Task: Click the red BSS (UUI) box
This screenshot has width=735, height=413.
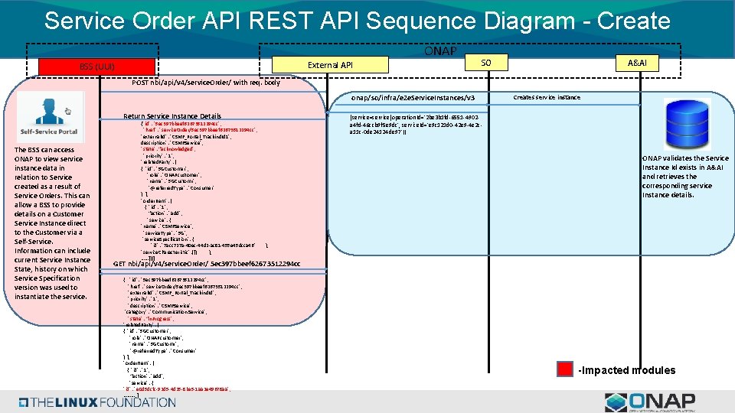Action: (x=97, y=67)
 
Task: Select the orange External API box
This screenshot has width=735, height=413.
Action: (x=330, y=65)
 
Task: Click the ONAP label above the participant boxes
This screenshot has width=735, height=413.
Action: (x=440, y=51)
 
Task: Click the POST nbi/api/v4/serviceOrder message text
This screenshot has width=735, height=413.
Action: (x=206, y=83)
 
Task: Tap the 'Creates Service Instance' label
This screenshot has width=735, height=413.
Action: (x=547, y=97)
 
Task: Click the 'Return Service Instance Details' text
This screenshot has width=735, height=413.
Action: (x=172, y=116)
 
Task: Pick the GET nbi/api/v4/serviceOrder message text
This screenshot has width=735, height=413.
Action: (x=207, y=264)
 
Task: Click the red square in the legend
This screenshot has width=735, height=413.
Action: (x=564, y=369)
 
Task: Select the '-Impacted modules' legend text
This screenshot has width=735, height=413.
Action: (x=627, y=370)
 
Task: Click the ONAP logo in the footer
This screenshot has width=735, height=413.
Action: (x=649, y=402)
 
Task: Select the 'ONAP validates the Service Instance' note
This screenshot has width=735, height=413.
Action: (x=685, y=177)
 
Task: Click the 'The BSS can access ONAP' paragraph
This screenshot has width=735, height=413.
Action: (x=52, y=223)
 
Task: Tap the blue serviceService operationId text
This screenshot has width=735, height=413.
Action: (x=416, y=124)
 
